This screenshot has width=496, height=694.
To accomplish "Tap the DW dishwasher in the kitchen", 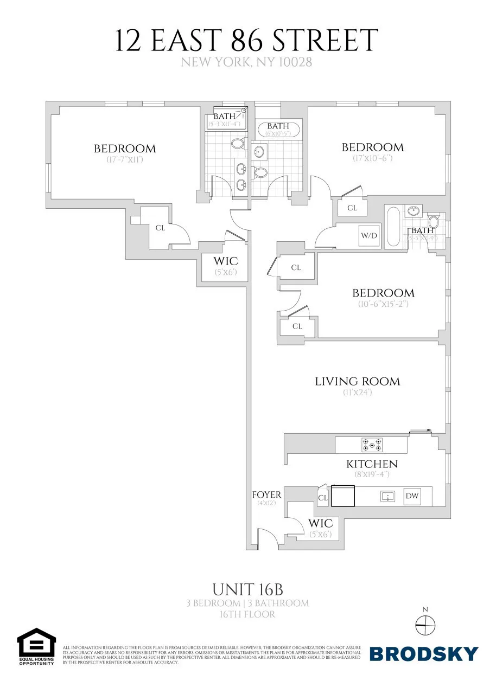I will pyautogui.click(x=412, y=496).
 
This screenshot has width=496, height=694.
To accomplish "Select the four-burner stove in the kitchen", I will pyautogui.click(x=372, y=445).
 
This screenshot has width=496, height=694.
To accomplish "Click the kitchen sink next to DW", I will pyautogui.click(x=387, y=496).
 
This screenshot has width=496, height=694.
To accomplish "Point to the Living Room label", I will pyautogui.click(x=357, y=381).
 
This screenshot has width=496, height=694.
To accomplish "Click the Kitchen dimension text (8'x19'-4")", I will pyautogui.click(x=372, y=474).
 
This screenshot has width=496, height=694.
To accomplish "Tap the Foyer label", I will pyautogui.click(x=266, y=494).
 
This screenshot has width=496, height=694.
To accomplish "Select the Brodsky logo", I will pyautogui.click(x=424, y=654).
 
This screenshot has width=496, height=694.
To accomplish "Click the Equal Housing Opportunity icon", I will pyautogui.click(x=36, y=647).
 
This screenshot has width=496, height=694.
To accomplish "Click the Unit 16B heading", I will pyautogui.click(x=248, y=589).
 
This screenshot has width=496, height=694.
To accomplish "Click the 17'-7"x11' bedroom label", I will pyautogui.click(x=124, y=149).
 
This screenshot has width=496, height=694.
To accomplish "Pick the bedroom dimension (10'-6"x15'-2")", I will pyautogui.click(x=383, y=304).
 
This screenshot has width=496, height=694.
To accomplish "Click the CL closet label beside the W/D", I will pyautogui.click(x=352, y=208).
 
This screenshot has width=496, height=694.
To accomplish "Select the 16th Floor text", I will pyautogui.click(x=248, y=614).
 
